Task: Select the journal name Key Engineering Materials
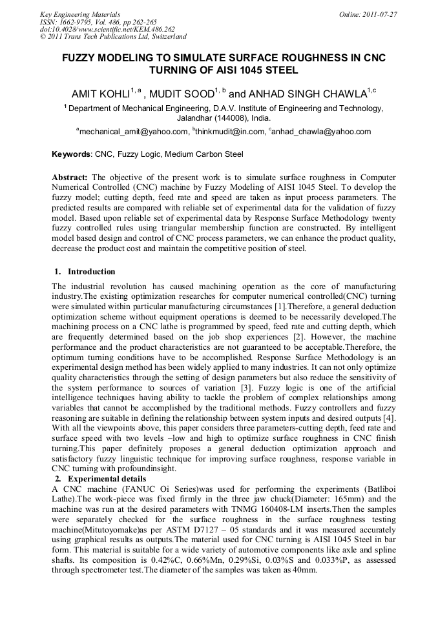point(80,14)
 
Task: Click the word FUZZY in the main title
point(81,58)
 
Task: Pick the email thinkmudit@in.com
point(229,132)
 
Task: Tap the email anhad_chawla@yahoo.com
point(322,132)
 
